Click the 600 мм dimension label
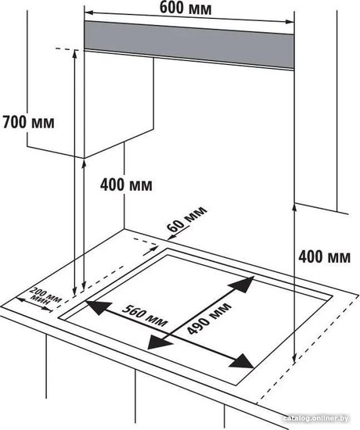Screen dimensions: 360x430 pos(185,9)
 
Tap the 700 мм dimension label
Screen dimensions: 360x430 pos(28,122)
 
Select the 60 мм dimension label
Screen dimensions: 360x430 pos(186,220)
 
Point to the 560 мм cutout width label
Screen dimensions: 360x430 pos(145,315)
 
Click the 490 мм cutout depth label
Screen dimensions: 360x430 pos(210,318)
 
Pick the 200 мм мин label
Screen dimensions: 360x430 pos(45,297)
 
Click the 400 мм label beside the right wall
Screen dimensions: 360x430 pos(325,257)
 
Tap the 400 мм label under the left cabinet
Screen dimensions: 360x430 pos(126,185)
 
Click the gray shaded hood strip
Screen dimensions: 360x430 pos(189,45)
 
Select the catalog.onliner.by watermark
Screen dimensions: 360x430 pos(316,418)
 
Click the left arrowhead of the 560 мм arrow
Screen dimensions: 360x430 pos(99,308)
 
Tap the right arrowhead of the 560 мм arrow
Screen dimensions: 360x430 pos(241,361)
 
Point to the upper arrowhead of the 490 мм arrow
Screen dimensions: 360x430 pos(242,284)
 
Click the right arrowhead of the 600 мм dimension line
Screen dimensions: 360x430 pos(290,22)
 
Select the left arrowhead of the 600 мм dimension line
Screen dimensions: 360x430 pos(89,13)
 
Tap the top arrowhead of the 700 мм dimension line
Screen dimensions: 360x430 pos(74,54)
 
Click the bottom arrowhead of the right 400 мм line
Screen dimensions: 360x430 pos(294,357)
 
